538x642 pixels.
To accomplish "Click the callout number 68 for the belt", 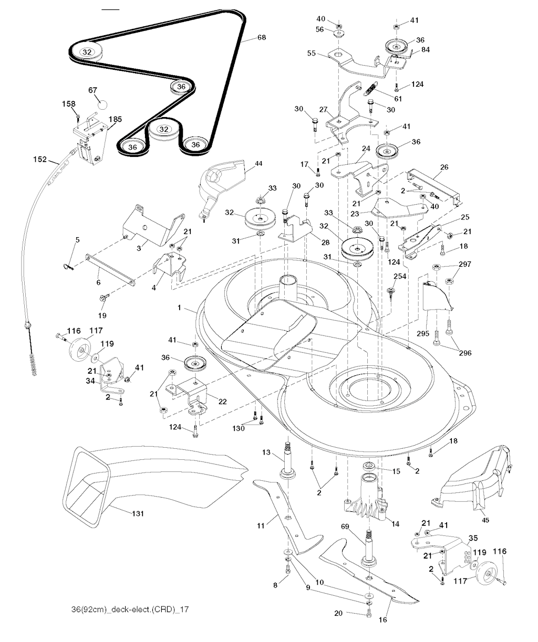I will (261, 37).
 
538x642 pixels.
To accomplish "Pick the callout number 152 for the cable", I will (40, 159).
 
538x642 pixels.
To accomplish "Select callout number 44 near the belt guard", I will (258, 164).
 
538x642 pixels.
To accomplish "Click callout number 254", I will (400, 276).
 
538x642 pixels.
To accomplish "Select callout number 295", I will (423, 333).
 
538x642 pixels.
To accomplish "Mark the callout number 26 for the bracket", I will (444, 167).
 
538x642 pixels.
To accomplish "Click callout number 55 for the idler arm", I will (311, 53).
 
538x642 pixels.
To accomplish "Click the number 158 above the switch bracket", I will (69, 104).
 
